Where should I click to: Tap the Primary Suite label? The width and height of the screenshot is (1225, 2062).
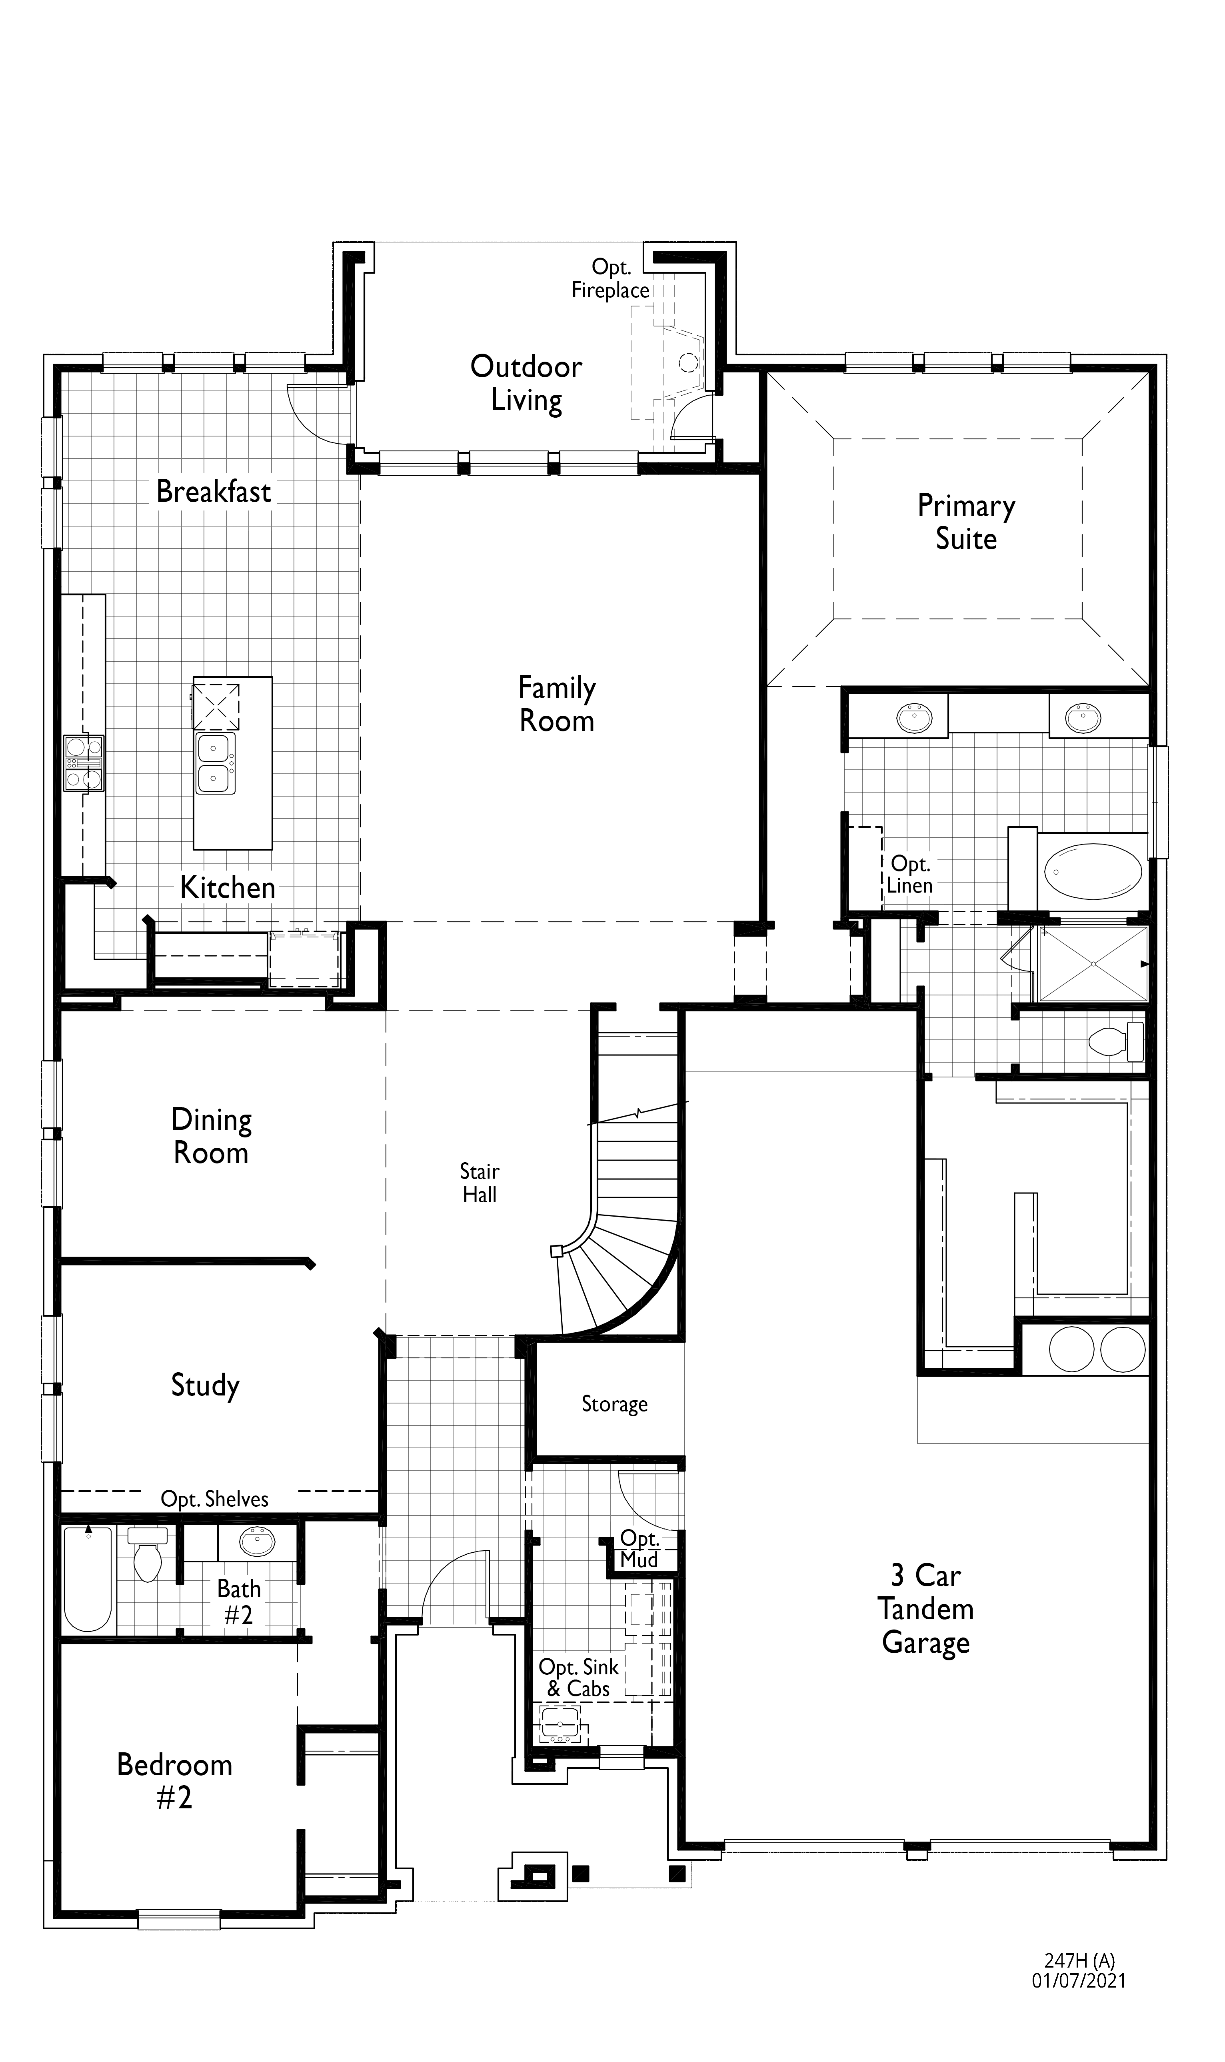(x=966, y=522)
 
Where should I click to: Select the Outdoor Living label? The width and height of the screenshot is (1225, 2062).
(x=526, y=383)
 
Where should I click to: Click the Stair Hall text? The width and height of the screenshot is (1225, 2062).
(x=480, y=1183)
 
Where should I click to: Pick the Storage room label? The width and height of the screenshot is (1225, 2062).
(x=614, y=1404)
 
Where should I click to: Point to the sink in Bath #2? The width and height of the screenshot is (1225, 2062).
(x=258, y=1541)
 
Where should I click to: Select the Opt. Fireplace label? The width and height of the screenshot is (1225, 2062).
(x=611, y=279)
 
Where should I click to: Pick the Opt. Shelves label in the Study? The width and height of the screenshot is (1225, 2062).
(x=215, y=1499)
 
